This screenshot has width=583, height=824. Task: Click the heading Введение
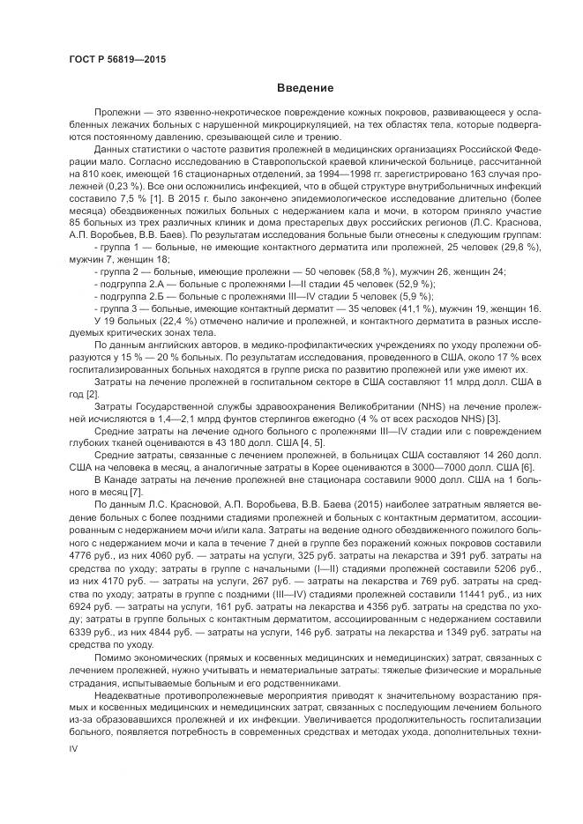click(x=304, y=88)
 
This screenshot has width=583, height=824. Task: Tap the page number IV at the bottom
click(x=73, y=747)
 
